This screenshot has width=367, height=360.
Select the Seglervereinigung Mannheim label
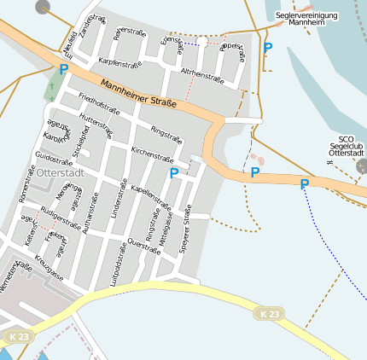pyautogui.click(x=306, y=19)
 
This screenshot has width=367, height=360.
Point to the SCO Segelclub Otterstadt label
pyautogui.click(x=346, y=146)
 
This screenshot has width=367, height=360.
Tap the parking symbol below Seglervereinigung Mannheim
pyautogui.click(x=268, y=49)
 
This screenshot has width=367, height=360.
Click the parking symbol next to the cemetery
pyautogui.click(x=63, y=69)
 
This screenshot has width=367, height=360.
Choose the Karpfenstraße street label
pyautogui.click(x=119, y=63)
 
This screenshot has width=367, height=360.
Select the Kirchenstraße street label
pyautogui.click(x=152, y=154)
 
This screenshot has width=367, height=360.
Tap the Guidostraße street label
pyautogui.click(x=54, y=159)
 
